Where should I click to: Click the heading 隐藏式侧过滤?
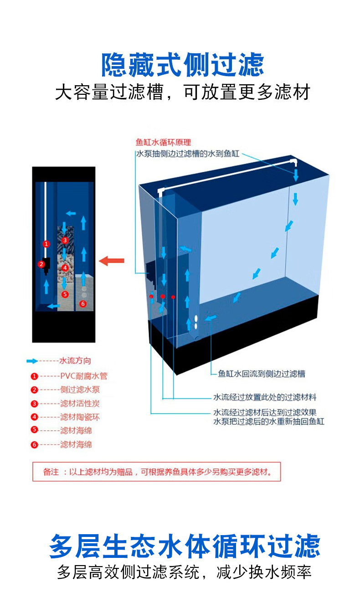pyautogui.click(x=182, y=65)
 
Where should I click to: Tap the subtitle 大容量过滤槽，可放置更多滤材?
pyautogui.click(x=182, y=92)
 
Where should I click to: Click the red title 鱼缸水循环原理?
pyautogui.click(x=163, y=143)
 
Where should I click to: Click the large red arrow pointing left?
pyautogui.click(x=112, y=261)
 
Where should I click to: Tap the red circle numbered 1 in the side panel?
pyautogui.click(x=46, y=244)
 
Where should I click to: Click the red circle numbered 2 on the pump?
pyautogui.click(x=41, y=263)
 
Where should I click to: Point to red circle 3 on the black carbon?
pyautogui.click(x=65, y=240)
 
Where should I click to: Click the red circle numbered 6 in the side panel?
pyautogui.click(x=82, y=303)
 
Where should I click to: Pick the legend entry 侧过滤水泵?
pyautogui.click(x=80, y=390)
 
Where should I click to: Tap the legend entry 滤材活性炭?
pyautogui.click(x=80, y=403)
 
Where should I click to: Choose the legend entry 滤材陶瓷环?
pyautogui.click(x=80, y=417)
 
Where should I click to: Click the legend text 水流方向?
pyautogui.click(x=75, y=361)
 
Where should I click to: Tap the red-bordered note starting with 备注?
pyautogui.click(x=156, y=472)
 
